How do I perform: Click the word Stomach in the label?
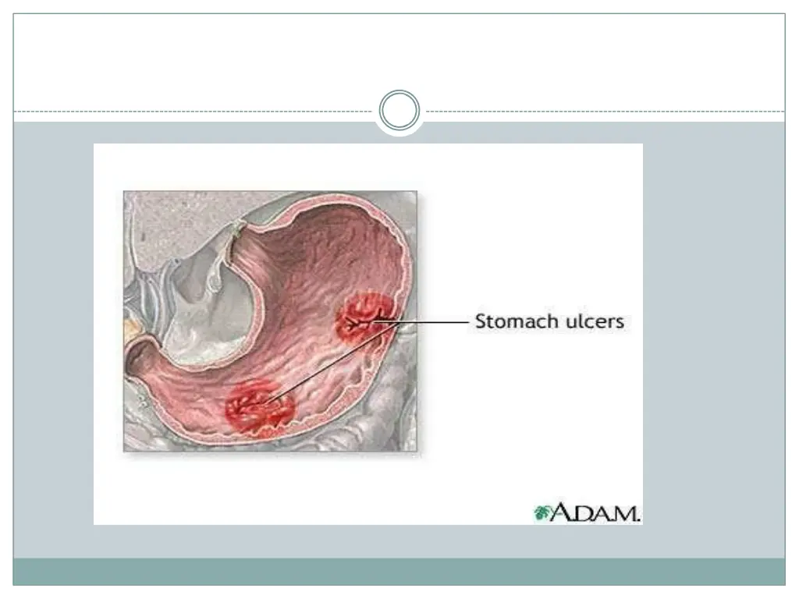(x=512, y=321)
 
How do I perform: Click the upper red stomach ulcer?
(x=364, y=316)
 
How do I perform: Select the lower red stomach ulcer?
(x=259, y=407)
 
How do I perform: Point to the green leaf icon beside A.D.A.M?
(x=542, y=512)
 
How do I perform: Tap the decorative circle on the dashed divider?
(x=399, y=111)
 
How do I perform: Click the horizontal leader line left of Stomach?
(x=437, y=321)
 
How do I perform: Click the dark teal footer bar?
(x=399, y=572)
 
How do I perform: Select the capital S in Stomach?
(x=481, y=321)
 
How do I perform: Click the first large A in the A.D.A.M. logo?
(x=559, y=512)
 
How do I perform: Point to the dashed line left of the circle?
(x=195, y=112)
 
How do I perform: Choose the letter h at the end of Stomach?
(x=542, y=321)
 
